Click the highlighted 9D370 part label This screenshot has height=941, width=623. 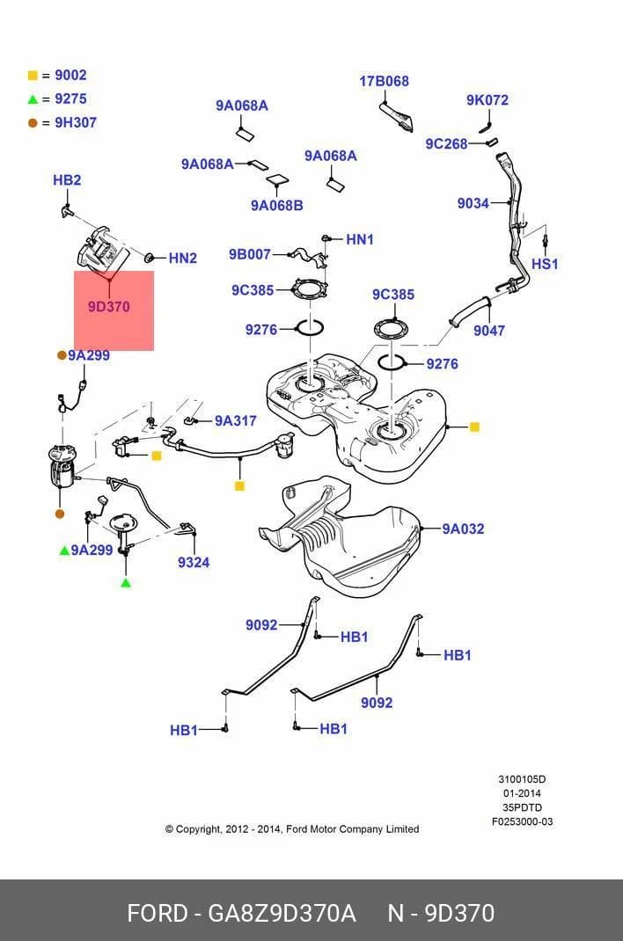(x=108, y=307)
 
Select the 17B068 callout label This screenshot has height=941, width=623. (x=385, y=81)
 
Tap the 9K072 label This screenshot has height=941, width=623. (x=487, y=100)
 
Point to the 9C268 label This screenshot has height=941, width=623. (x=446, y=144)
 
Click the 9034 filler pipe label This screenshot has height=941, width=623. (x=473, y=203)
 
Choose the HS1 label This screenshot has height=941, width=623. (x=545, y=264)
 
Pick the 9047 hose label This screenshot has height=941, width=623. (x=489, y=331)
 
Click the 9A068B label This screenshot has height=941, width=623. (x=276, y=205)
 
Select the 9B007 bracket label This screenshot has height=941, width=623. (x=250, y=254)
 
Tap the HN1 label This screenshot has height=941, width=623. (x=360, y=239)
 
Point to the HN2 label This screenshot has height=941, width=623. (x=183, y=258)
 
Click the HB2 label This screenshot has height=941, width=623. (x=67, y=180)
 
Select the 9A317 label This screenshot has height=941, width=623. (x=236, y=420)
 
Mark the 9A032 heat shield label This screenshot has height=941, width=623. (x=464, y=529)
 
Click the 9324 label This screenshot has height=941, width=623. (x=194, y=562)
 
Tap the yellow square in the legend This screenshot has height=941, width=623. (x=33, y=76)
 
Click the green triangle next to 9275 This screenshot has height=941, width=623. (x=33, y=99)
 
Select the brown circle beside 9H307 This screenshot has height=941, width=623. (x=33, y=123)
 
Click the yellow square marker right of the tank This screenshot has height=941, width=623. (x=474, y=427)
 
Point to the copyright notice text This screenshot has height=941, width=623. (x=292, y=828)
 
